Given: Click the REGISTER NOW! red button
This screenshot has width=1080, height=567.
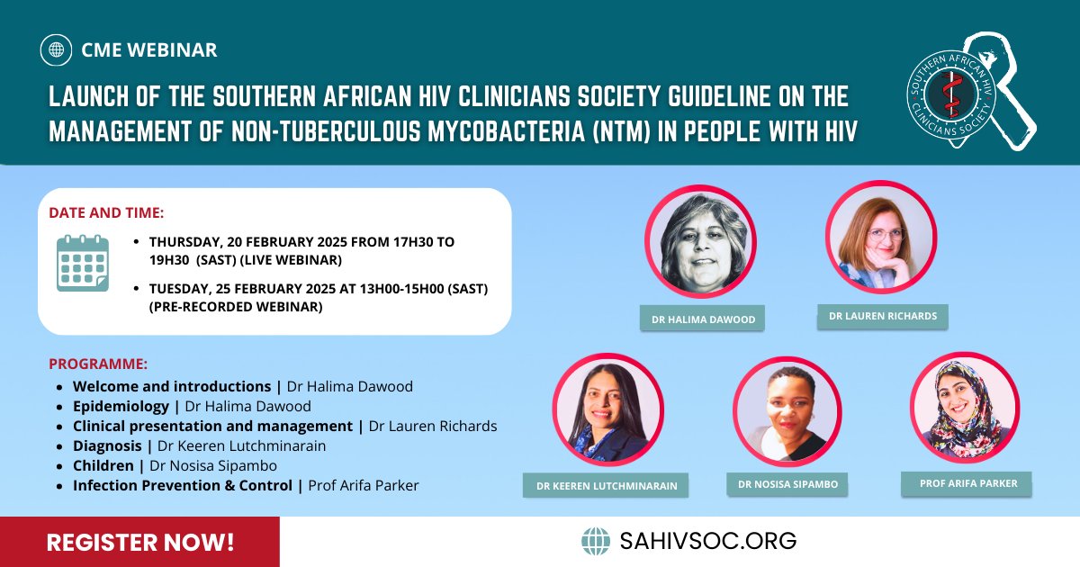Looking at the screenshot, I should tap(139, 542).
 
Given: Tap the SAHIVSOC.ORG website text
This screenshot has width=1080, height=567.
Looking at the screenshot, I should tap(707, 541).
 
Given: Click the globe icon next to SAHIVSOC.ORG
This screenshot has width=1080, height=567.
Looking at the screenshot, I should tap(596, 541).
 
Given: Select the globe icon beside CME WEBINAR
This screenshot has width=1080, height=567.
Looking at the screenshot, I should tap(57, 49).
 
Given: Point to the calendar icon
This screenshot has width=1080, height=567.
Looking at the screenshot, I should tap(82, 262).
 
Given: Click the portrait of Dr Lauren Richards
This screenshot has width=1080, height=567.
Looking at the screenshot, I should tap(880, 236).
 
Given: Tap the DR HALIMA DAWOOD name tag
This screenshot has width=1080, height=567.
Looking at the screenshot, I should tap(702, 319).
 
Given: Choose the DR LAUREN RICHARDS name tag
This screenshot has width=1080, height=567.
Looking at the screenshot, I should tap(882, 316).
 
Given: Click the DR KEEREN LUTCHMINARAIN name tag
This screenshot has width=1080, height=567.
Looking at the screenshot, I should tap(606, 486).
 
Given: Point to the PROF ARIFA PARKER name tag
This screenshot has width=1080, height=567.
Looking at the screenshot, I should tap(967, 483).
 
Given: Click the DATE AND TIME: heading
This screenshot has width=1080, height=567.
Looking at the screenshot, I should tap(106, 213).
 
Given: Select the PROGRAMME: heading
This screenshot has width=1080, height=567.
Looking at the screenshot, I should tap(98, 364).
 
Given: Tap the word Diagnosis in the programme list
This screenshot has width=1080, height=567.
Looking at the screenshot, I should tap(107, 445).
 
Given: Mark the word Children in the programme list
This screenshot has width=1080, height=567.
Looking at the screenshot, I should tap(103, 465).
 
